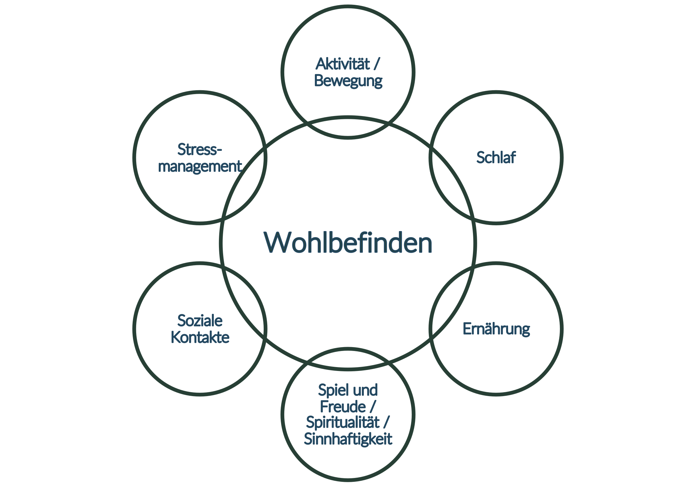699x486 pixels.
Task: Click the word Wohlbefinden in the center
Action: point(348,243)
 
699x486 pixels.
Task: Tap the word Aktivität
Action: point(343,64)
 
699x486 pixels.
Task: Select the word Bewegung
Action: point(348,81)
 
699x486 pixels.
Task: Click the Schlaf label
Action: point(496,158)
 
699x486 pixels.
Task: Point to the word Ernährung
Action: point(496,329)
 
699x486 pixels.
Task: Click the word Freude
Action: point(343,406)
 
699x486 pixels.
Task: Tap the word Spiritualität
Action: point(343,423)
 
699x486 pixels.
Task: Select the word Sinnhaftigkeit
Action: point(348,439)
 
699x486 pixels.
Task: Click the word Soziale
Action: point(200,321)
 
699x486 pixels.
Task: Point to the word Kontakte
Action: point(200,337)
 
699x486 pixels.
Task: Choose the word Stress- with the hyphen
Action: point(200,150)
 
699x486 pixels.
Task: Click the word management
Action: point(200,166)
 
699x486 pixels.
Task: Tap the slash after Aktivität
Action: point(377,64)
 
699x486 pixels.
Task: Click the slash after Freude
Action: point(373,406)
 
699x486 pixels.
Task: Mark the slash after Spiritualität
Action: point(386,423)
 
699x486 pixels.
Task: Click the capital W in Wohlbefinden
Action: point(278,243)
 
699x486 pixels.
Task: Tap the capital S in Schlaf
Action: point(480,158)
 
